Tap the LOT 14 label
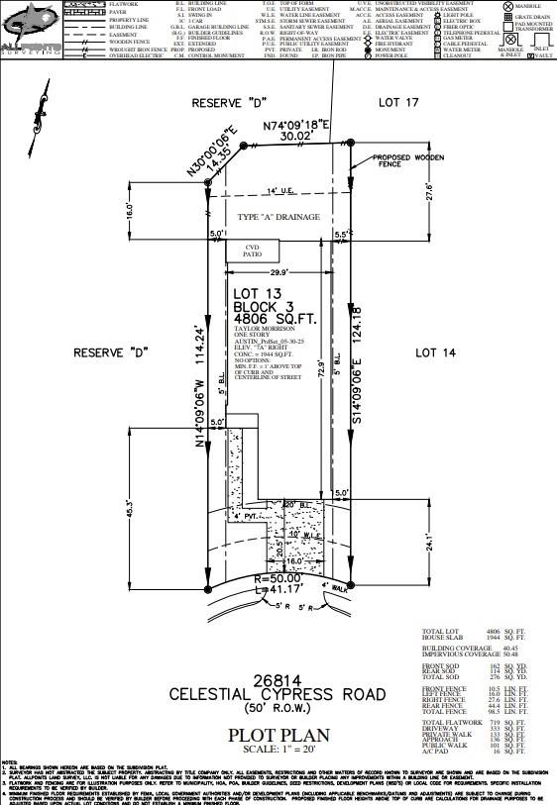click(x=438, y=352)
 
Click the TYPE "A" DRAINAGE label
click(x=279, y=217)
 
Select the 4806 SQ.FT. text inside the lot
click(x=274, y=319)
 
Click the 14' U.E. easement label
click(x=281, y=190)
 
